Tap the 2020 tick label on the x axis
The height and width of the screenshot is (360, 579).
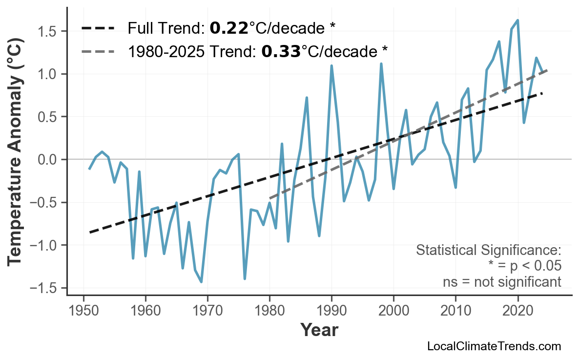click(x=517, y=311)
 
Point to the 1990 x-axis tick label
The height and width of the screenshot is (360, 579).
click(x=331, y=311)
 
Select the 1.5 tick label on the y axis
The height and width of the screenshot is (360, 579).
click(x=48, y=32)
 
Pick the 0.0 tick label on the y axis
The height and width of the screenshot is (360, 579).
click(x=48, y=160)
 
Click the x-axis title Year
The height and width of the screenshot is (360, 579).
click(x=319, y=330)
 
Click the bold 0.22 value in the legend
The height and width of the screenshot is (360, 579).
click(x=228, y=28)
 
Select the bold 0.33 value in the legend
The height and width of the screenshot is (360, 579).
click(x=281, y=51)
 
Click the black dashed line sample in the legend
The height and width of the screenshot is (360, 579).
click(x=98, y=28)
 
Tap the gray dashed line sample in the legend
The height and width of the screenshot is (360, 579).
click(x=98, y=51)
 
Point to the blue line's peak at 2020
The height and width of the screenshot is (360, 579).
click(x=517, y=21)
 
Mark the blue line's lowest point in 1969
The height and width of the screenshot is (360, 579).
click(x=201, y=282)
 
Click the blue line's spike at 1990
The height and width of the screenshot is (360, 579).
click(x=331, y=66)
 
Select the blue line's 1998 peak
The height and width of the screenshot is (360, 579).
click(x=381, y=64)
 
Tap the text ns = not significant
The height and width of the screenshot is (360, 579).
click(x=501, y=282)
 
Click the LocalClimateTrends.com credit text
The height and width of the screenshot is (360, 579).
click(x=494, y=346)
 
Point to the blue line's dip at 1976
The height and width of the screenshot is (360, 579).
click(x=245, y=278)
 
